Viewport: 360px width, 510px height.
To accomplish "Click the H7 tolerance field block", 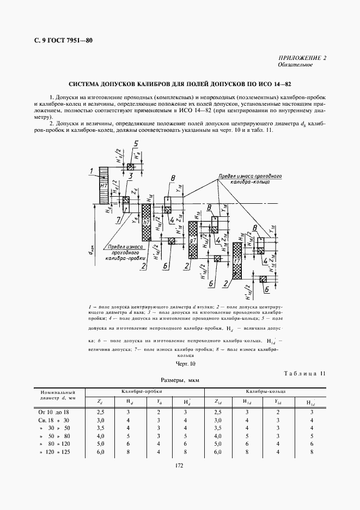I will (x=104, y=185).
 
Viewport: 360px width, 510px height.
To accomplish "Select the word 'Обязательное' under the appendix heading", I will (x=295, y=65).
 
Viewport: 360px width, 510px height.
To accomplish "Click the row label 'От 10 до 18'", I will (x=52, y=412).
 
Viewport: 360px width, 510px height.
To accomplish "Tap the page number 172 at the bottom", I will (x=180, y=465).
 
